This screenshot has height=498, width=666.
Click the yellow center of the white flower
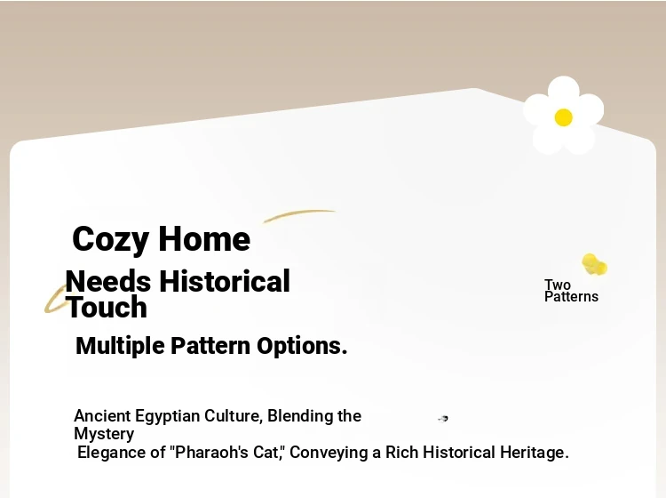pyautogui.click(x=563, y=117)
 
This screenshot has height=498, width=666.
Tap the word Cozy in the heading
pyautogui.click(x=110, y=239)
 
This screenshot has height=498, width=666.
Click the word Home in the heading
pyautogui.click(x=204, y=239)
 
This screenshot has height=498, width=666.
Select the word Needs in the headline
pyautogui.click(x=108, y=282)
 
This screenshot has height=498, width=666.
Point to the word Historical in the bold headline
pyautogui.click(x=225, y=281)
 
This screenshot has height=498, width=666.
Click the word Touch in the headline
pyautogui.click(x=107, y=307)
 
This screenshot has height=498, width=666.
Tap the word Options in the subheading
pyautogui.click(x=302, y=346)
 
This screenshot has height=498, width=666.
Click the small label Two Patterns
pyautogui.click(x=571, y=291)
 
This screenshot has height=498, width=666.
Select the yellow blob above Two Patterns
pyautogui.click(x=594, y=264)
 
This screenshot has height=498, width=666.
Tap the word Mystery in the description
pyautogui.click(x=104, y=434)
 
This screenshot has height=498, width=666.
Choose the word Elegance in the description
pyautogui.click(x=112, y=453)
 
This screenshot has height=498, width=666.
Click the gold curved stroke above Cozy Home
pyautogui.click(x=299, y=215)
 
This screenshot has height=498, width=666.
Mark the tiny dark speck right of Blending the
pyautogui.click(x=443, y=419)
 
